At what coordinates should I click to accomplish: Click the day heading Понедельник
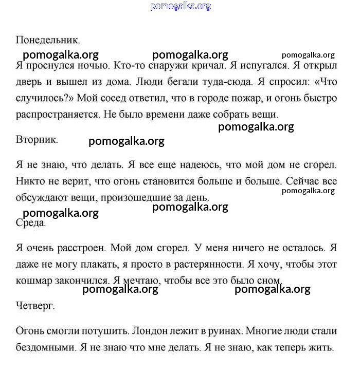click(x=48, y=40)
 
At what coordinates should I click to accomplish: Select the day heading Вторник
click(x=37, y=139)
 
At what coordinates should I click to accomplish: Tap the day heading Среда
click(x=31, y=223)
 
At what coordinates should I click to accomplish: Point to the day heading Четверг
click(x=35, y=306)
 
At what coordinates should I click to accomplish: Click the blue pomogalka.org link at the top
click(x=181, y=6)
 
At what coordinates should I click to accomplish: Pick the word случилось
click(x=41, y=98)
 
